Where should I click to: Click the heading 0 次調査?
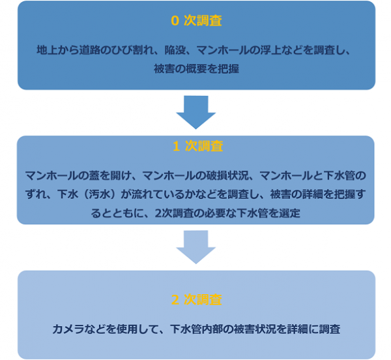pyautogui.click(x=196, y=22)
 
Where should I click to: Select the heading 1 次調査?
pyautogui.click(x=196, y=147)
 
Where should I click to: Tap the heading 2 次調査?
pyautogui.click(x=196, y=300)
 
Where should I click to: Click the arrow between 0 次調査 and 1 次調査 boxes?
pyautogui.click(x=196, y=112)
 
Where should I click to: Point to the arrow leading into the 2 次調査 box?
pyautogui.click(x=196, y=247)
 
